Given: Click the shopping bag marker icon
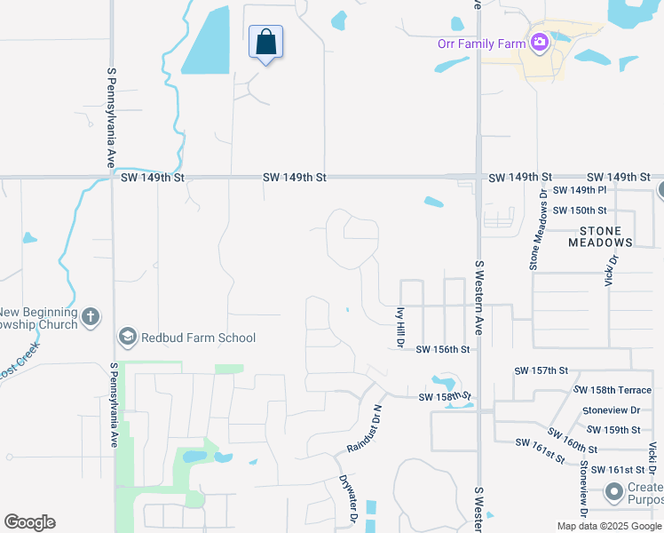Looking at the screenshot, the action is click(265, 41).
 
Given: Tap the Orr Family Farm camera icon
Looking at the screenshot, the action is click(538, 42).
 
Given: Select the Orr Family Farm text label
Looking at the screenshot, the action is click(481, 43).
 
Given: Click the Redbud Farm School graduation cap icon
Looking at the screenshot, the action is click(128, 338).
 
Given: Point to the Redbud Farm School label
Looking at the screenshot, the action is click(198, 338).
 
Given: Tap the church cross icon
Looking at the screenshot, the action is click(91, 317).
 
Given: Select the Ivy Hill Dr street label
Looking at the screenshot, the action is click(399, 324).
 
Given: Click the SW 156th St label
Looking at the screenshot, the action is click(442, 349).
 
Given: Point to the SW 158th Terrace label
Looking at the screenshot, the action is click(613, 390).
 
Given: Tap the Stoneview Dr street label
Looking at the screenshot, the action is click(612, 410).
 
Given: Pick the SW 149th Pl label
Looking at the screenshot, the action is click(579, 190).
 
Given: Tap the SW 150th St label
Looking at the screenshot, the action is click(579, 211).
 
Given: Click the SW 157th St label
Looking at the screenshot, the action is click(540, 370).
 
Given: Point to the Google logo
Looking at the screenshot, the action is click(29, 522).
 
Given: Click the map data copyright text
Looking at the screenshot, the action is click(610, 526).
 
